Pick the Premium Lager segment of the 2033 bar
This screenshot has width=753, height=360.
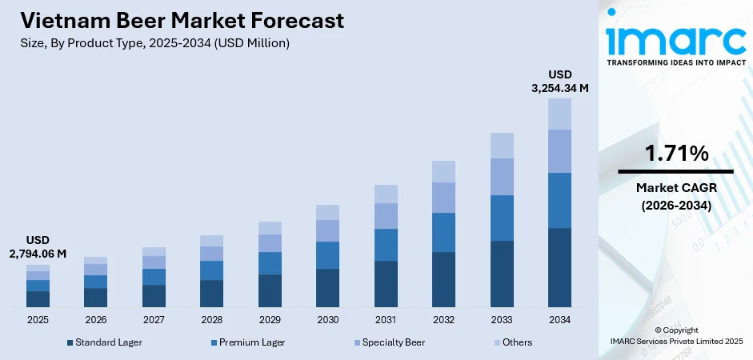502,218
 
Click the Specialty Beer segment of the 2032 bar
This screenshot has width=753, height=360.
443,198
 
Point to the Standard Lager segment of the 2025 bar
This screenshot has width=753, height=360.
38,299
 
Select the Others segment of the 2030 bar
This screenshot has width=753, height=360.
327,212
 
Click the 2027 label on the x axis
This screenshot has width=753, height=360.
154,319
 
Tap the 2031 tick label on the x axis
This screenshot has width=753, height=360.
386,319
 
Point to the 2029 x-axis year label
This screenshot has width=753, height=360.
270,319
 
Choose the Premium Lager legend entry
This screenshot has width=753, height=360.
247,342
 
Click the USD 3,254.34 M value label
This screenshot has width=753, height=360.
559,82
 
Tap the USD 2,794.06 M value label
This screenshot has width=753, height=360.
38,247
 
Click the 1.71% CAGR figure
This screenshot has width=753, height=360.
675,154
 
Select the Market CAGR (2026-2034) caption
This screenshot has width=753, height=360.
675,196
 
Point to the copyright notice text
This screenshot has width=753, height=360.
675,335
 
